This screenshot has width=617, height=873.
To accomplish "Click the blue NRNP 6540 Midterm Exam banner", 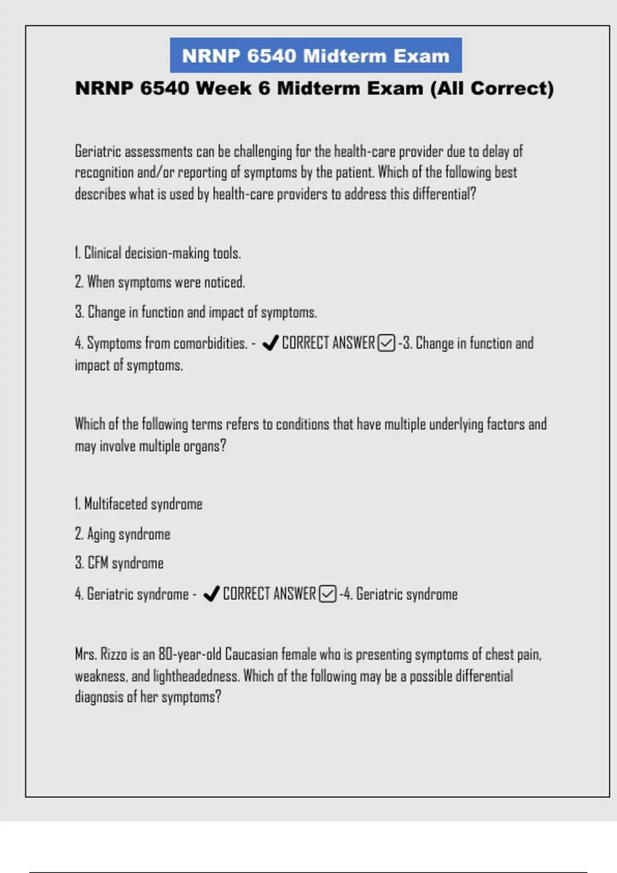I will (x=316, y=55).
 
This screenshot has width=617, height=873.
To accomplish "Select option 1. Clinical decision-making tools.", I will (x=157, y=253).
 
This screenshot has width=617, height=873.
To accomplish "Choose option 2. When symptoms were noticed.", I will (x=159, y=282).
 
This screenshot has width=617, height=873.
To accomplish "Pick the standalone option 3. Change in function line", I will (x=195, y=312).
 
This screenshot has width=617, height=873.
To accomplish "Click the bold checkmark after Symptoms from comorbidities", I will (x=270, y=343).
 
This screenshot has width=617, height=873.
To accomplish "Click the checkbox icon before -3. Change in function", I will (x=387, y=343).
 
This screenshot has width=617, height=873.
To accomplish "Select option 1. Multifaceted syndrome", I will (x=138, y=504).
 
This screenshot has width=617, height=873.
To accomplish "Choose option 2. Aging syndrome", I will (x=122, y=534).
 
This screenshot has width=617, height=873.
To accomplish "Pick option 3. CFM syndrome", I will (x=119, y=563).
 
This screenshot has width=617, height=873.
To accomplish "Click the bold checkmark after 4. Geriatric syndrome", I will (x=211, y=594).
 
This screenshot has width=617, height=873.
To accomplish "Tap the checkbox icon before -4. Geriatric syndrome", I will (x=328, y=594).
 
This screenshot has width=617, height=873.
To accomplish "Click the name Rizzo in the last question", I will (x=114, y=655).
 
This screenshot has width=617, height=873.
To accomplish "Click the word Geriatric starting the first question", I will (x=98, y=151).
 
